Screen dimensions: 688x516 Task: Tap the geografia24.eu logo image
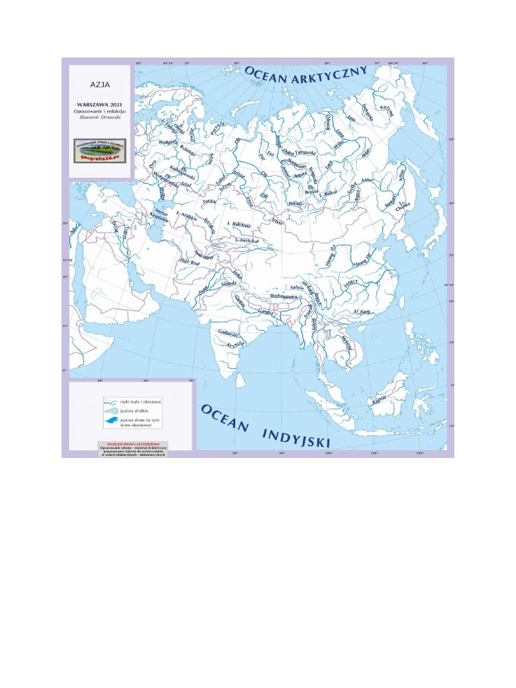[100, 150]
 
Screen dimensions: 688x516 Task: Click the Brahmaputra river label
[284, 296]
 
